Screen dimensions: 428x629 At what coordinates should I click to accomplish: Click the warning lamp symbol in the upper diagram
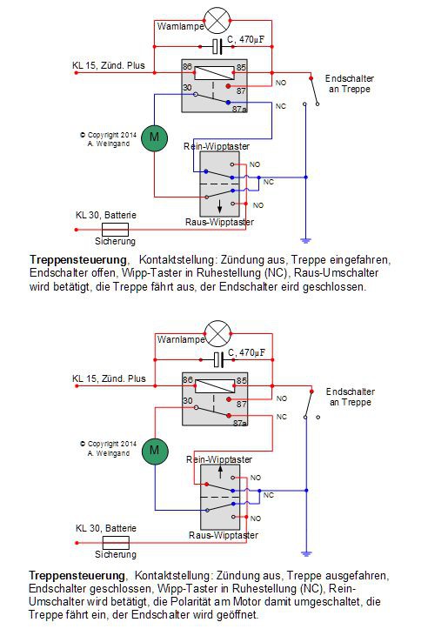point(217,20)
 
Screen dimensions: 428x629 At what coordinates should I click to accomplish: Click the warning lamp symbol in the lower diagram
point(217,334)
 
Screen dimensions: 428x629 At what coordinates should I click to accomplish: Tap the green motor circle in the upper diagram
point(155,138)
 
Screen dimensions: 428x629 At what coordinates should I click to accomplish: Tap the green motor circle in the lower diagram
point(155,451)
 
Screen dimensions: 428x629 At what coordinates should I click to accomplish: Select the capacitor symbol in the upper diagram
point(217,46)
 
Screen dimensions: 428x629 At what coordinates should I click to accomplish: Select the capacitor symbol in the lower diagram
point(218,360)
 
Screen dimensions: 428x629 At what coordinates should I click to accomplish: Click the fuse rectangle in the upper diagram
point(115,230)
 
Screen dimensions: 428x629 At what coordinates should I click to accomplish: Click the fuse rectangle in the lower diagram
point(116,543)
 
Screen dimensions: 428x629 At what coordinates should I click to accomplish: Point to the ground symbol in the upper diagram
point(305,241)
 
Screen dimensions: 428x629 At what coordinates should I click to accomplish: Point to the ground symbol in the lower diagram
point(306,554)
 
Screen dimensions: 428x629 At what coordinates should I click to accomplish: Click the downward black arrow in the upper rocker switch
point(220,206)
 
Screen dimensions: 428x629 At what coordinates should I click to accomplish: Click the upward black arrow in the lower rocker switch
point(220,471)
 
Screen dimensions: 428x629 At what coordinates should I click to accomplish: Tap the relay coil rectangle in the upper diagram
point(214,73)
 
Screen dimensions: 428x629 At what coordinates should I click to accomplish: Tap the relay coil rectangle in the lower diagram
point(215,386)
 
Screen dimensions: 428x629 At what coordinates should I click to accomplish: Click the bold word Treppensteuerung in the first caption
point(78,260)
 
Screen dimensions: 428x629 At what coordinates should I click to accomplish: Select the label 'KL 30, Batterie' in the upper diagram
point(106,215)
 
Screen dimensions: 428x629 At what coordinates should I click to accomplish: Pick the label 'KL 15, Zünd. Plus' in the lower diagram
point(109,378)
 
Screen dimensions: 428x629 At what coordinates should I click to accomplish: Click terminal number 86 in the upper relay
point(187,66)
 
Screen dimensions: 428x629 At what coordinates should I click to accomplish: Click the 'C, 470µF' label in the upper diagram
point(245,39)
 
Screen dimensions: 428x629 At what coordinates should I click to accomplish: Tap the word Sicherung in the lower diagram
point(116,554)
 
